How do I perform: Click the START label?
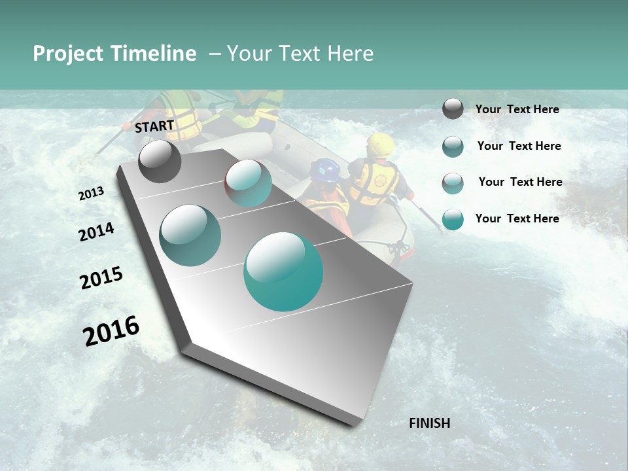click(154, 126)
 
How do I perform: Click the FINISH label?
click(430, 423)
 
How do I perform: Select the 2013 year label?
click(92, 193)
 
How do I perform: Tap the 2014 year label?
click(96, 232)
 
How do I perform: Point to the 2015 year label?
click(101, 278)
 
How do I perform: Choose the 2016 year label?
click(111, 330)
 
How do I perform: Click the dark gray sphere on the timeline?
click(160, 162)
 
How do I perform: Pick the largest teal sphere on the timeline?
click(283, 271)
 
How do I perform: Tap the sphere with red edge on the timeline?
click(248, 183)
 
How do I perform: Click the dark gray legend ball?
click(453, 109)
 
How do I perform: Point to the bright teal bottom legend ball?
click(453, 219)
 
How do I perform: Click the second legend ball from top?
click(453, 147)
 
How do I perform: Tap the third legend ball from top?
click(453, 183)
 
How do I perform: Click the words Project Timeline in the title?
click(114, 54)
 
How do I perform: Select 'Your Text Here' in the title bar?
click(300, 54)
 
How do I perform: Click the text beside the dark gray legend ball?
click(517, 109)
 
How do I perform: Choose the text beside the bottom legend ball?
click(517, 218)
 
